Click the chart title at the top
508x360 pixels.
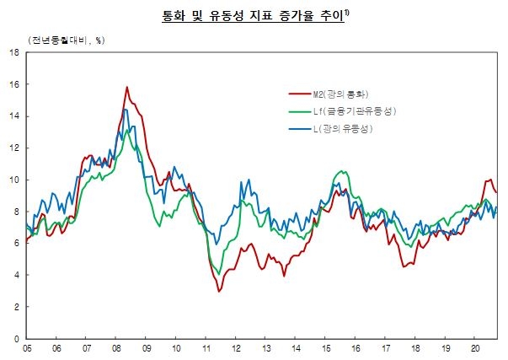click(253, 14)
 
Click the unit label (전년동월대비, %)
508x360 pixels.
click(60, 40)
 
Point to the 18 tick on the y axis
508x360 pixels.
click(14, 53)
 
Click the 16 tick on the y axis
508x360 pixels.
click(14, 84)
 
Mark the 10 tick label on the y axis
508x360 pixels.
click(14, 180)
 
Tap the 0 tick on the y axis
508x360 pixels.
click(17, 339)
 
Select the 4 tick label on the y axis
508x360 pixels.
click(17, 275)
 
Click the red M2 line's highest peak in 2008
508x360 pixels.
click(127, 87)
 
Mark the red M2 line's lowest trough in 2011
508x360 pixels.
click(219, 291)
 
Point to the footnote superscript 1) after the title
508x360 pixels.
click(349, 11)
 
